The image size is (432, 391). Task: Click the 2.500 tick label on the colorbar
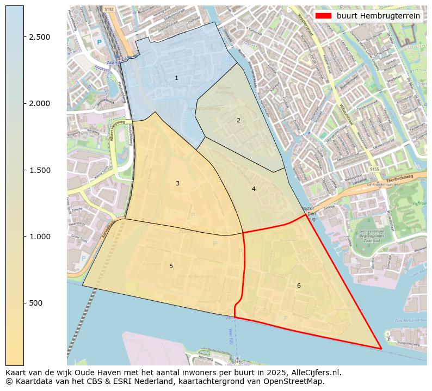coord(40,37)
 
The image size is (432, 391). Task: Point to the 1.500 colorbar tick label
coord(40,170)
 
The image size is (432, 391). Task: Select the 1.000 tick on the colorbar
coord(40,237)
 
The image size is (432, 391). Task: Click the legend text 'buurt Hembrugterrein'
coord(378,16)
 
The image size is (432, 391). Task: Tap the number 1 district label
coord(176,78)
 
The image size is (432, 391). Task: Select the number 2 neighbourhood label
coord(238,120)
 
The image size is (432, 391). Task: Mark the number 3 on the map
coord(177,184)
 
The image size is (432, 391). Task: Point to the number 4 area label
coord(254,189)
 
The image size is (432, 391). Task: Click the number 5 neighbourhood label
coord(171,266)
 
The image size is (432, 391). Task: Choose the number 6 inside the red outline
coord(299,286)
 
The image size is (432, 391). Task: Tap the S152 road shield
coord(109,9)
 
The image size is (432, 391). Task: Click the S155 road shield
coord(374,170)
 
